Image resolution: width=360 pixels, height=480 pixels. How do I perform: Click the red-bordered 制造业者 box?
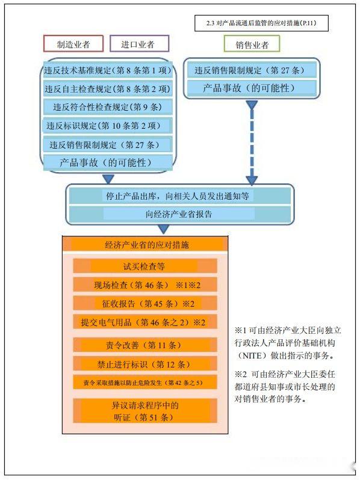coord(73,43)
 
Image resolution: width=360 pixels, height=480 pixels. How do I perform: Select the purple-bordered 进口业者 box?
coord(139,43)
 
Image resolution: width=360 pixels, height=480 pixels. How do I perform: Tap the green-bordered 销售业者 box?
coord(252,44)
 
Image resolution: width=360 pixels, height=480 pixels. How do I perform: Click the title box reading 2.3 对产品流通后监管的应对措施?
coord(261,23)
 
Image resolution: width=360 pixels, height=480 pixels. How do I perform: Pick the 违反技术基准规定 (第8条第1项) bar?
coord(108,70)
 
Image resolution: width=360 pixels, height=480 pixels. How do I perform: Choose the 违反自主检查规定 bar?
coord(108,89)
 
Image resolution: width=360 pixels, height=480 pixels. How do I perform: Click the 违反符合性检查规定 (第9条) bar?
coord(108,107)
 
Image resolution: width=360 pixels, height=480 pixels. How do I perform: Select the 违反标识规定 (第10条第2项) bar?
coord(108,126)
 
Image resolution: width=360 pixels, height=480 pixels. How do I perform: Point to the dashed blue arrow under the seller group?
coord(252,143)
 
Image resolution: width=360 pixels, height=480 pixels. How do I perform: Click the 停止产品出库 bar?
coord(180,195)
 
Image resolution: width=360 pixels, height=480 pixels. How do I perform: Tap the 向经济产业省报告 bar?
coord(180,214)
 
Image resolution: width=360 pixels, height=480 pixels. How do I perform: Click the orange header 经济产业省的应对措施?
coord(145,245)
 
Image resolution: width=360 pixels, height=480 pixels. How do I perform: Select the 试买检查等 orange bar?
coord(145,266)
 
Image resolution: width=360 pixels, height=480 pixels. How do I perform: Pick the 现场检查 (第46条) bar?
coord(145,285)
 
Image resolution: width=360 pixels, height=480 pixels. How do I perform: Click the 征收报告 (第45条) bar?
coord(145,303)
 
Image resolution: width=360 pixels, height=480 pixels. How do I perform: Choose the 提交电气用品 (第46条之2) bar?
coord(145,322)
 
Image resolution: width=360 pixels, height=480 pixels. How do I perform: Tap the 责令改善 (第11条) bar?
coord(145,345)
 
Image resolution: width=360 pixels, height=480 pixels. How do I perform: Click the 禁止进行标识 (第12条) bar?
coord(145,364)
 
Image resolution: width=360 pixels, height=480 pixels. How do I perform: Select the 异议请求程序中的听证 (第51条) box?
coord(145,411)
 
